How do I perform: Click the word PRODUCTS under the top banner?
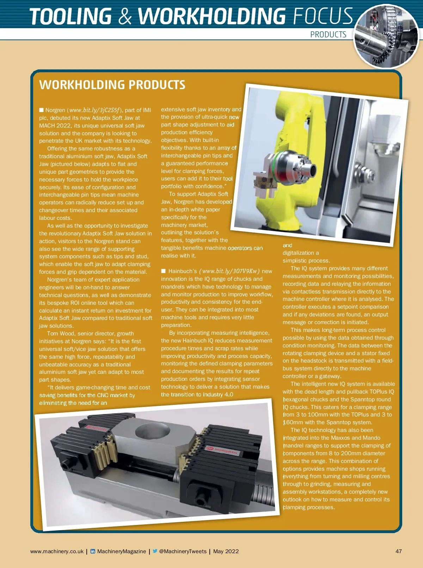(328, 35)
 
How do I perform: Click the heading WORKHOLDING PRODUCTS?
(112, 85)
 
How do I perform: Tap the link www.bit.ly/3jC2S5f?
(94, 110)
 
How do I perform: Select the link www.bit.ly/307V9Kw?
(229, 271)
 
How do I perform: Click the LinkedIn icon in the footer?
(93, 551)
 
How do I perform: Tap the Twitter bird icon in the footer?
(155, 551)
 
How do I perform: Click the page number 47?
(398, 551)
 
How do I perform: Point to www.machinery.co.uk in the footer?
(57, 551)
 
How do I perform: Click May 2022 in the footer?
(226, 551)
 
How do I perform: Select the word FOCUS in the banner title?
(322, 17)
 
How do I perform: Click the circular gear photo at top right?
(386, 36)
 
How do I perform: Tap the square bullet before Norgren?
(41, 110)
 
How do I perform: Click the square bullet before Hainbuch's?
(163, 271)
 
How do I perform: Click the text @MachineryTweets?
(183, 551)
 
